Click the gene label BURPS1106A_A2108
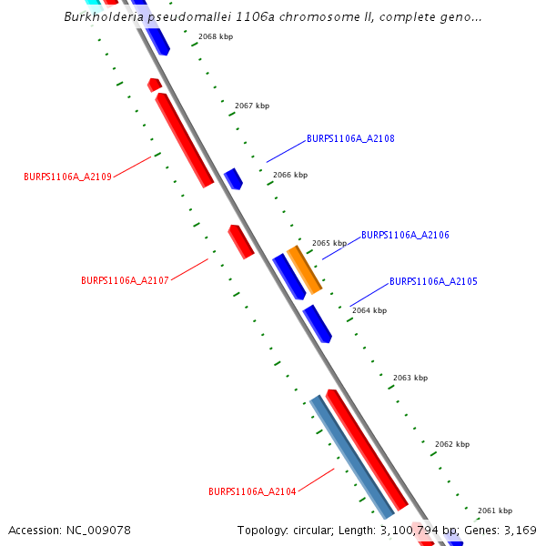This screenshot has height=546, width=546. (350, 139)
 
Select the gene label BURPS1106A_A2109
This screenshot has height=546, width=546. (67, 177)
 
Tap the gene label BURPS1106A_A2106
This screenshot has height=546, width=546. (405, 235)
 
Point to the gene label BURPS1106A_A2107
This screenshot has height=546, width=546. (125, 281)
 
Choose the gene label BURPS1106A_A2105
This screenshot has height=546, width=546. (433, 282)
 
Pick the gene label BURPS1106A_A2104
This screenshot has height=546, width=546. (252, 491)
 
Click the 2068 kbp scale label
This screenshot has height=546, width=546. (216, 37)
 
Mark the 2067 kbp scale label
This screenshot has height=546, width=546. (252, 106)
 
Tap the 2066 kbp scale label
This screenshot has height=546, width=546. (290, 175)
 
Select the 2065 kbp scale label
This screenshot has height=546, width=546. (329, 243)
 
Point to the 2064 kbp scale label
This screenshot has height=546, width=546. (369, 310)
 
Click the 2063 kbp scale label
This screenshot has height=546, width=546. (410, 378)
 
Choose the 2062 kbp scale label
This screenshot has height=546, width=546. (452, 444)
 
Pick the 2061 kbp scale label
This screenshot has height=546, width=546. (495, 511)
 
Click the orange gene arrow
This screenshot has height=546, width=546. (305, 269)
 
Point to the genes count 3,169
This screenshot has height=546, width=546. (521, 530)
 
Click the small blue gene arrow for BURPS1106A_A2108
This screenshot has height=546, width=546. (234, 178)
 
